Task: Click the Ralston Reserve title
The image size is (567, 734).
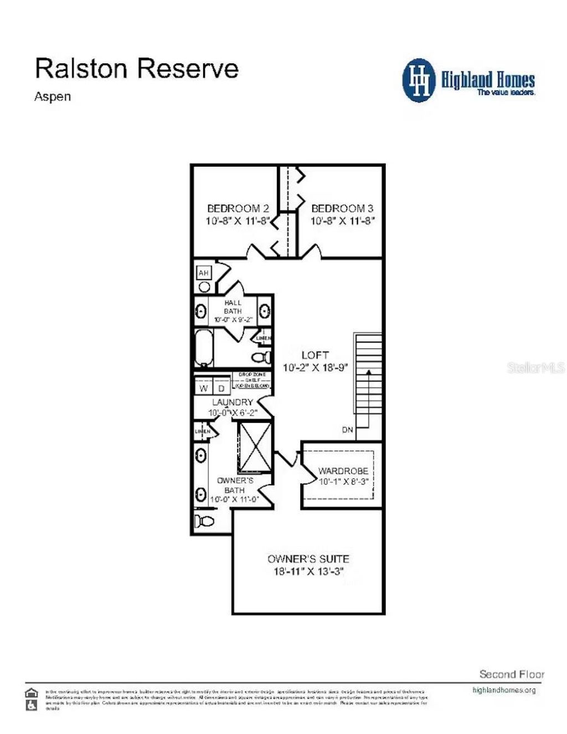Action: click(x=136, y=69)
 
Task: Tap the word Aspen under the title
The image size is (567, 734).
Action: click(x=53, y=96)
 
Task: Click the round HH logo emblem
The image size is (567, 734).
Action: click(x=419, y=80)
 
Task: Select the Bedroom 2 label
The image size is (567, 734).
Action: click(x=238, y=209)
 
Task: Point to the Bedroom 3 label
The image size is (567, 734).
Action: click(x=342, y=209)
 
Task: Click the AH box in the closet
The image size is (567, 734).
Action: click(x=204, y=273)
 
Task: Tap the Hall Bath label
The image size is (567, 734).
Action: click(x=233, y=307)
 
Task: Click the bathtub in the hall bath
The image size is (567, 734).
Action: click(x=204, y=348)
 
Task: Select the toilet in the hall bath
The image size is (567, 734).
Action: click(x=262, y=356)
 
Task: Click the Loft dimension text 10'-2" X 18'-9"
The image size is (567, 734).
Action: click(x=315, y=368)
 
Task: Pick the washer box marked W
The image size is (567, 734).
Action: click(x=203, y=388)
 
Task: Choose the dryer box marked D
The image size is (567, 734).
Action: click(x=221, y=388)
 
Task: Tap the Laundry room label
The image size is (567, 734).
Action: click(x=233, y=402)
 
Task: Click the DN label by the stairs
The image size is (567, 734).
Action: click(x=347, y=430)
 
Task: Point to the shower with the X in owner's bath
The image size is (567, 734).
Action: click(x=254, y=447)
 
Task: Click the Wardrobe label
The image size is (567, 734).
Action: click(x=343, y=471)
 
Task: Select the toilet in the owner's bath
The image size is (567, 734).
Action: click(x=204, y=521)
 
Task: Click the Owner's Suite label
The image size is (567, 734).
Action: click(x=308, y=559)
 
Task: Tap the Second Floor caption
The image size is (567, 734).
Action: click(x=512, y=674)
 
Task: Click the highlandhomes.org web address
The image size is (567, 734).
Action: click(x=504, y=690)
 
